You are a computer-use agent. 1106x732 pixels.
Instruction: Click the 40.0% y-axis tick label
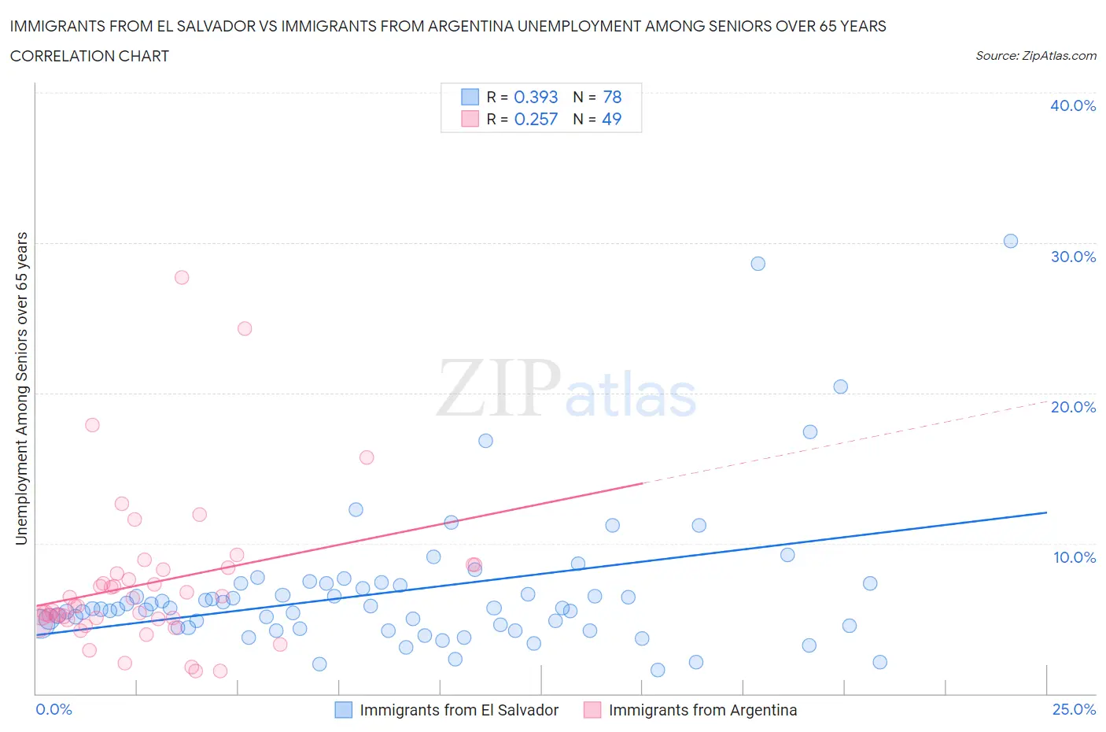pos(1073,105)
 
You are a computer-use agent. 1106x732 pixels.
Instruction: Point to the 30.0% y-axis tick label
pos(1073,257)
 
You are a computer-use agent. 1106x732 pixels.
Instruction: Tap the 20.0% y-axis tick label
pos(1073,407)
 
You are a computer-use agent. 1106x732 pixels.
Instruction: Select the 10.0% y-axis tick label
pos(1074,557)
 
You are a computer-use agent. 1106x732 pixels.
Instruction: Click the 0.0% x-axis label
pos(53,709)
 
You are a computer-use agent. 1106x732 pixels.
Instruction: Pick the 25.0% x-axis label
pos(1074,709)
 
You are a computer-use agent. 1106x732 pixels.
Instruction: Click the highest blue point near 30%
pos(1011,241)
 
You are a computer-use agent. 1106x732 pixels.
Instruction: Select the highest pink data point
pos(182,277)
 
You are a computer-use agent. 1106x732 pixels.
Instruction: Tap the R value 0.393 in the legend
pos(536,97)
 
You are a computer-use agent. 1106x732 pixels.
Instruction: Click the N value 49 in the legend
pos(611,119)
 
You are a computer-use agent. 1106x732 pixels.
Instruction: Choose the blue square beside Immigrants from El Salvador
pos(344,710)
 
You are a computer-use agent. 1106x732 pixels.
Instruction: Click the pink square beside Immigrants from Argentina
pos(592,710)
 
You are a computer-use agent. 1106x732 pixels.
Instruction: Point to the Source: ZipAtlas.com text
pos(1035,56)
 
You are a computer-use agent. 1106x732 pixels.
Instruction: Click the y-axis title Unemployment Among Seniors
pos(22,388)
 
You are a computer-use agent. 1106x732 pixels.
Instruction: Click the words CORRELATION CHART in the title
pos(90,56)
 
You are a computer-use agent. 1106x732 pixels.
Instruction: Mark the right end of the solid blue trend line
pos(1046,512)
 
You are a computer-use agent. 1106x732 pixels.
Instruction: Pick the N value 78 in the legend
pos(612,97)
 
